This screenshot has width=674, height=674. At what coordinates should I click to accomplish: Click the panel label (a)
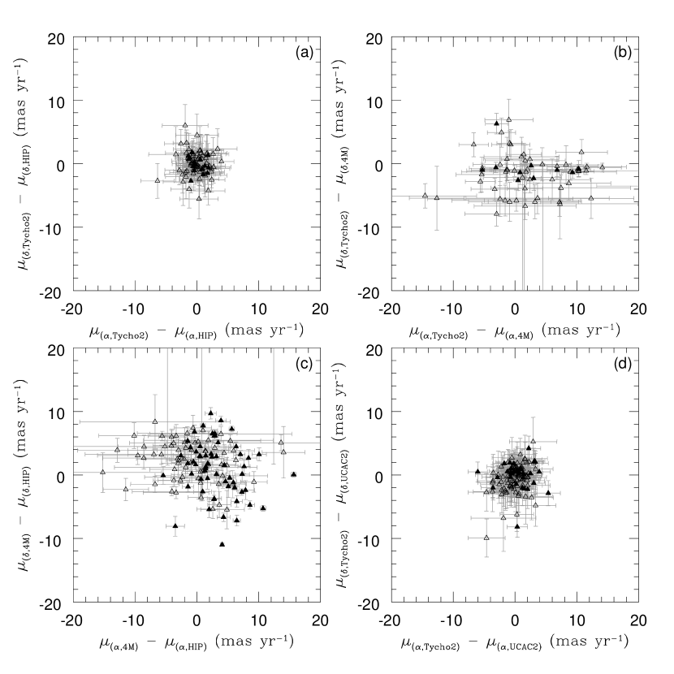tap(305, 53)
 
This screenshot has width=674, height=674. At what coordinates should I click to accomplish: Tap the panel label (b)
tap(622, 53)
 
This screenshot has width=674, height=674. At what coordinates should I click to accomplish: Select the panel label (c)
tap(305, 364)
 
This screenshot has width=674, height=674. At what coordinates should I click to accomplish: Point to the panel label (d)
tap(622, 364)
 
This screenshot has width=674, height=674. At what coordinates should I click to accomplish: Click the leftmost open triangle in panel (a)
tap(158, 180)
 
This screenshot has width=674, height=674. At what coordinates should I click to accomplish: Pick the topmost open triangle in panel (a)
tap(185, 125)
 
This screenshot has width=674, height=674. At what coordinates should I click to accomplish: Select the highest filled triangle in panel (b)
tap(496, 123)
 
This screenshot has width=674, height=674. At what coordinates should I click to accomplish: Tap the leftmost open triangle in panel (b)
tap(426, 196)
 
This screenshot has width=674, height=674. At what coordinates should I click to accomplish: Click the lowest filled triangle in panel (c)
tap(223, 544)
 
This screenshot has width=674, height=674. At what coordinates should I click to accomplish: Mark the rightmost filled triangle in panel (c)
tap(294, 474)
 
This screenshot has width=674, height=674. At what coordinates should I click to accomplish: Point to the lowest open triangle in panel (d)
tap(486, 538)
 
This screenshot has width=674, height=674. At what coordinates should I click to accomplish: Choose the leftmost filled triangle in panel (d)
tap(477, 472)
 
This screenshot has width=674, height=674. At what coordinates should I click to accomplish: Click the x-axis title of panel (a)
tap(197, 331)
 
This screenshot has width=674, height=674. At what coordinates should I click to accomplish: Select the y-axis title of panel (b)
tap(341, 163)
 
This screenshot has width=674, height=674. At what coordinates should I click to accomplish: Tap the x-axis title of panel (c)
tap(197, 642)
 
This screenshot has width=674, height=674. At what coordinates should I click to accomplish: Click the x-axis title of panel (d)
tap(515, 642)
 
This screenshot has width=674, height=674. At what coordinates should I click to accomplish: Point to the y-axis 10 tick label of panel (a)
tap(56, 102)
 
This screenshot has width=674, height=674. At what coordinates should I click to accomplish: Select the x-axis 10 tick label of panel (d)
tap(577, 620)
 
